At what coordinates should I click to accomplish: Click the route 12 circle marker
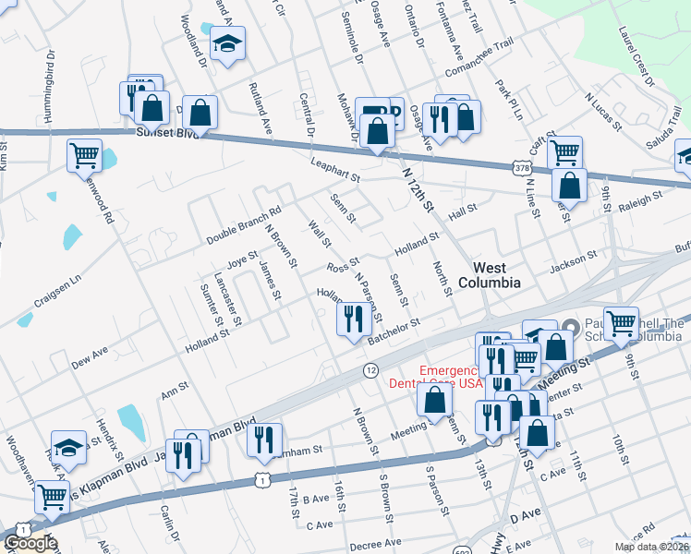coord(370,369)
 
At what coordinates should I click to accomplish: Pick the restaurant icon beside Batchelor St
coord(352,320)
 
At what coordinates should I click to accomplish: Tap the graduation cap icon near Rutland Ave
coord(226,44)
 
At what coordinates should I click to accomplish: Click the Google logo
coord(30,543)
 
